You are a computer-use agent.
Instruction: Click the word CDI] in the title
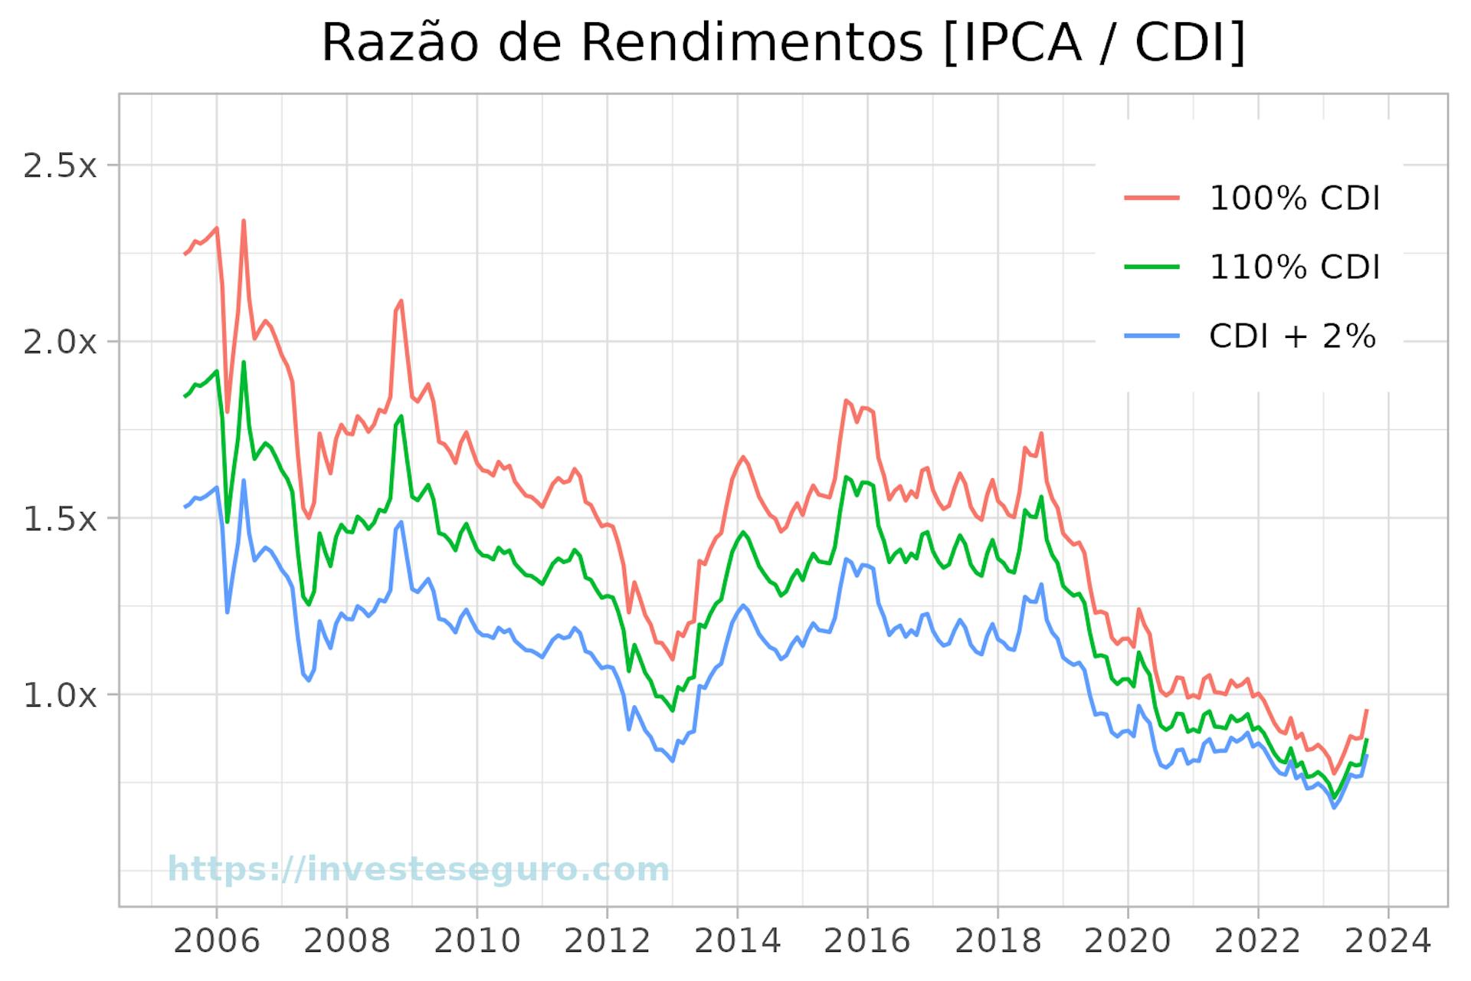click(1190, 43)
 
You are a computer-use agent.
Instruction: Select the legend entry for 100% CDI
click(1293, 198)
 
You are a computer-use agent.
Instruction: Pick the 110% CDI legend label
click(1293, 267)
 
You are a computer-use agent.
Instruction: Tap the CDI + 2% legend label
click(1292, 336)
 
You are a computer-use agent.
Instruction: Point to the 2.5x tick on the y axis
click(61, 166)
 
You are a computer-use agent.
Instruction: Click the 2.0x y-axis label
click(61, 342)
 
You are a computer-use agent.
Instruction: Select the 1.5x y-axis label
click(61, 519)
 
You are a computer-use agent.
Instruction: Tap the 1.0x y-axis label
click(61, 695)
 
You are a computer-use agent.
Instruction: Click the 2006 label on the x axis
click(217, 940)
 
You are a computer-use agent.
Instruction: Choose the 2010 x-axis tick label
click(477, 940)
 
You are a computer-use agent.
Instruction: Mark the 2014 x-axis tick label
click(737, 940)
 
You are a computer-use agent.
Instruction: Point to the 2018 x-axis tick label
click(998, 940)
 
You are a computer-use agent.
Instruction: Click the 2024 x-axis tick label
click(1387, 940)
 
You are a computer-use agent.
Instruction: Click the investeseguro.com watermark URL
click(418, 870)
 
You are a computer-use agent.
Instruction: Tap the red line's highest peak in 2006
click(244, 221)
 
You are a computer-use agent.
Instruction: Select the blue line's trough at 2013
click(672, 761)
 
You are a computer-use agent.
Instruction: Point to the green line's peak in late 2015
click(846, 477)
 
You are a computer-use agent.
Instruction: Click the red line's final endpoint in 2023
click(1366, 710)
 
